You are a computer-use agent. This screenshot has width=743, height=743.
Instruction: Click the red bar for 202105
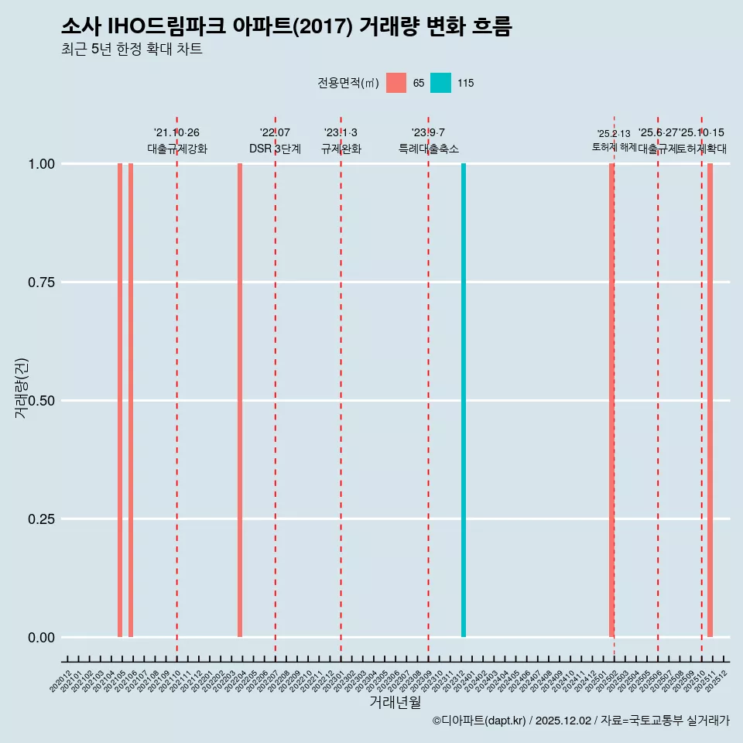point(120,400)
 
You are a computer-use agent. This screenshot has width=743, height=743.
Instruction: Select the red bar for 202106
point(131,400)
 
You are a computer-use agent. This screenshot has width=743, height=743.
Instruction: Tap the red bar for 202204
point(240,400)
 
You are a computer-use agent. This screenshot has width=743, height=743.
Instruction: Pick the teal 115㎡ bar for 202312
point(464,400)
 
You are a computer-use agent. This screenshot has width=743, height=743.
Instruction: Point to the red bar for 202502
point(611,400)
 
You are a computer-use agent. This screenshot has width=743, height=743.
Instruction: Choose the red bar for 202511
point(710,400)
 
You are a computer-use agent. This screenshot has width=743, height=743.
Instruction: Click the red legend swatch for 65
point(396,83)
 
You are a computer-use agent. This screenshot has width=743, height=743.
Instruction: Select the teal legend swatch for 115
point(440,83)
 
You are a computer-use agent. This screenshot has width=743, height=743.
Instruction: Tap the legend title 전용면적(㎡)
point(348,83)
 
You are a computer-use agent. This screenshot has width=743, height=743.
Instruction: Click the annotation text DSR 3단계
point(275,149)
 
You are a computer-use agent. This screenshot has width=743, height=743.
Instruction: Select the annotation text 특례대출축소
point(429,149)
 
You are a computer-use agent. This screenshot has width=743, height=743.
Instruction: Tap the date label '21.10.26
point(176,133)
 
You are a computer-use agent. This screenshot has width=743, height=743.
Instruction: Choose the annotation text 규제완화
point(341,149)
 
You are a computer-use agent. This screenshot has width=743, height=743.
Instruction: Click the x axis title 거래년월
point(395,703)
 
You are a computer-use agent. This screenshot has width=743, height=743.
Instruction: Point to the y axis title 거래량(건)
point(22,389)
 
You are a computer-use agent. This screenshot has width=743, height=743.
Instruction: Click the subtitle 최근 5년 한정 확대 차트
point(132,50)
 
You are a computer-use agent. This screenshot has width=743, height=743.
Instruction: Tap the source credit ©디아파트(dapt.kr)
point(479,721)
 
